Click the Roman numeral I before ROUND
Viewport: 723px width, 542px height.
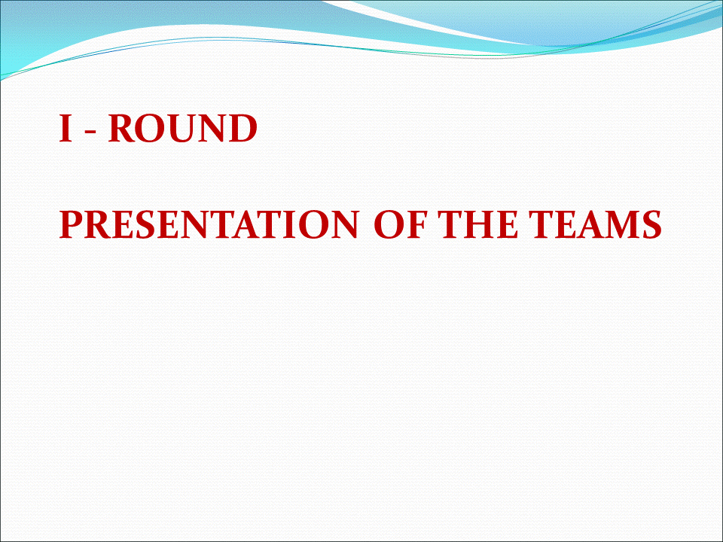tap(66, 128)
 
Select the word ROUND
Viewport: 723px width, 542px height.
tap(182, 128)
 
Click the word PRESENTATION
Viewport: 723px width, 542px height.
tap(209, 224)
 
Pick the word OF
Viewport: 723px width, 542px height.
tap(399, 224)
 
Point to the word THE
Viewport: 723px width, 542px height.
tap(478, 224)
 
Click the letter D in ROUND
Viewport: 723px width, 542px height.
tap(242, 128)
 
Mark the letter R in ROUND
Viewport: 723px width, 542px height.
tap(121, 128)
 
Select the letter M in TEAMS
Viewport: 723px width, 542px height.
tap(622, 225)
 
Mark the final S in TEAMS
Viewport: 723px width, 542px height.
tap(652, 225)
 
